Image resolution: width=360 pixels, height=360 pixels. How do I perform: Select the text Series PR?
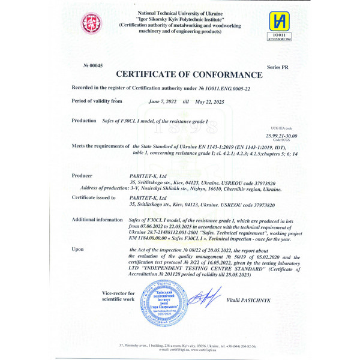click(275, 68)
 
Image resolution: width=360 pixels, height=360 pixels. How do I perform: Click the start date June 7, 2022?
click(161, 102)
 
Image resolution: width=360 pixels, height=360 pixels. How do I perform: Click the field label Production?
click(83, 121)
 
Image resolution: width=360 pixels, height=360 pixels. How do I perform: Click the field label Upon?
click(77, 248)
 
